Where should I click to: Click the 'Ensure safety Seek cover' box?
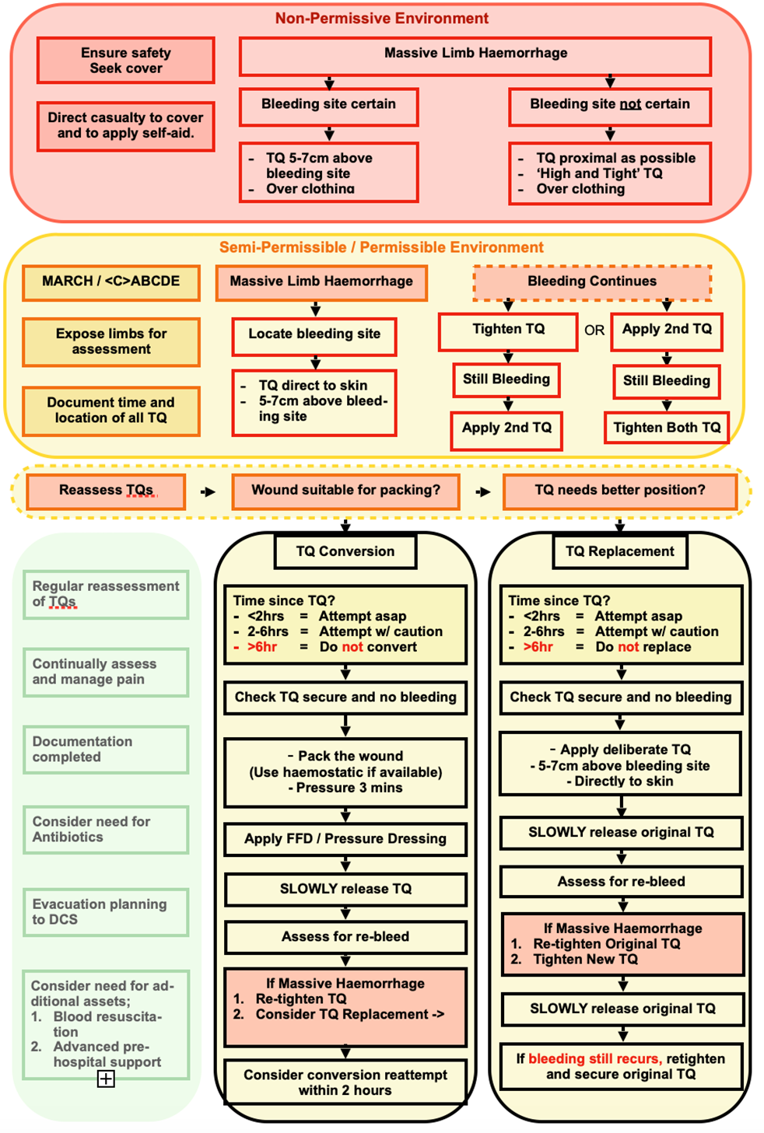[125, 61]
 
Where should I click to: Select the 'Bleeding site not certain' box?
[609, 105]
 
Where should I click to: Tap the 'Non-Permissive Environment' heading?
[381, 19]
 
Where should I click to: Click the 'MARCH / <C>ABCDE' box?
[110, 282]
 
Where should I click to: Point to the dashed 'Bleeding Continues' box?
[591, 282]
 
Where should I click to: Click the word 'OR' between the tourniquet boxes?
[594, 330]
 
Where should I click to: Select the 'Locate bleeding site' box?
[314, 335]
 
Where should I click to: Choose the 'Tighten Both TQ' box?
[666, 428]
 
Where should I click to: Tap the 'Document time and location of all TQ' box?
[110, 411]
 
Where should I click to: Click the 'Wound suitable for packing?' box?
[345, 491]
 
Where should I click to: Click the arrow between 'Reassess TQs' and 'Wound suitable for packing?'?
[208, 491]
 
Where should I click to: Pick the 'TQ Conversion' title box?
[345, 552]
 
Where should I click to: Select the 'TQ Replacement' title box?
[619, 552]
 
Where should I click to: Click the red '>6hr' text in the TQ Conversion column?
[262, 647]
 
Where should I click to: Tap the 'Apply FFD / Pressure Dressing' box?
[345, 839]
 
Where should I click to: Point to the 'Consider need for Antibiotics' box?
[105, 830]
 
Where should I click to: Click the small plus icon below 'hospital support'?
[106, 1079]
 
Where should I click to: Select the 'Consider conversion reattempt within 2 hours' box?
[345, 1082]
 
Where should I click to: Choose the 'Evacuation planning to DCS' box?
[105, 912]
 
